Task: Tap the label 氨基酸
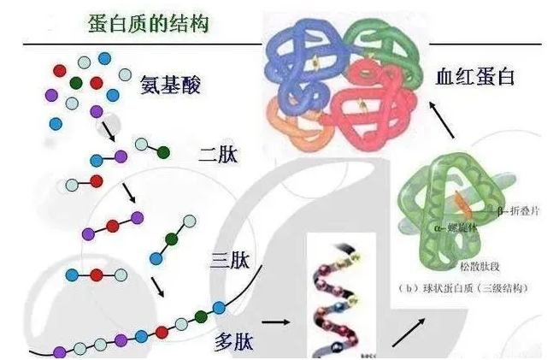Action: click(171, 86)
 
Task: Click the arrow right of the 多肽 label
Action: click(274, 323)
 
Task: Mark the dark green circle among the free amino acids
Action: click(76, 83)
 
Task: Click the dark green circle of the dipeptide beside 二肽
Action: click(162, 152)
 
